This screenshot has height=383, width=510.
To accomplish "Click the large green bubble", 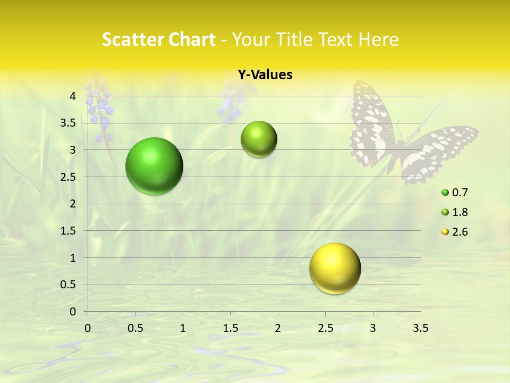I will pyautogui.click(x=155, y=166).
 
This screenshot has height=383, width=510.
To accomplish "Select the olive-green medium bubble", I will pyautogui.click(x=259, y=139).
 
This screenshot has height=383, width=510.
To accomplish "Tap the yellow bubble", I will pyautogui.click(x=335, y=268).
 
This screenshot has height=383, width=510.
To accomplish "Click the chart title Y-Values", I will pyautogui.click(x=265, y=75).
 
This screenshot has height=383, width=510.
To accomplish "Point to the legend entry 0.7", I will pyautogui.click(x=460, y=193).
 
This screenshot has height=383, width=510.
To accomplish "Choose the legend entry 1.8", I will pyautogui.click(x=460, y=212).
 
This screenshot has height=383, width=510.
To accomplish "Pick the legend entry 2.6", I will pyautogui.click(x=460, y=232).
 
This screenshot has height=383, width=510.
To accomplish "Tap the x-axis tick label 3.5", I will pyautogui.click(x=420, y=328).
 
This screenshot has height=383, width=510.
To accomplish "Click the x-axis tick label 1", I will pyautogui.click(x=183, y=328).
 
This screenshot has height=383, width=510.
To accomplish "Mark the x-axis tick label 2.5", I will pyautogui.click(x=325, y=328).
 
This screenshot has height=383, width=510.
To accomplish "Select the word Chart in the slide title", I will pyautogui.click(x=192, y=39).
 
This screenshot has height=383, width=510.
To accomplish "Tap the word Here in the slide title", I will pyautogui.click(x=379, y=39).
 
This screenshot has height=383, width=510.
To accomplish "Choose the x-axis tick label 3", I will pyautogui.click(x=373, y=328).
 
